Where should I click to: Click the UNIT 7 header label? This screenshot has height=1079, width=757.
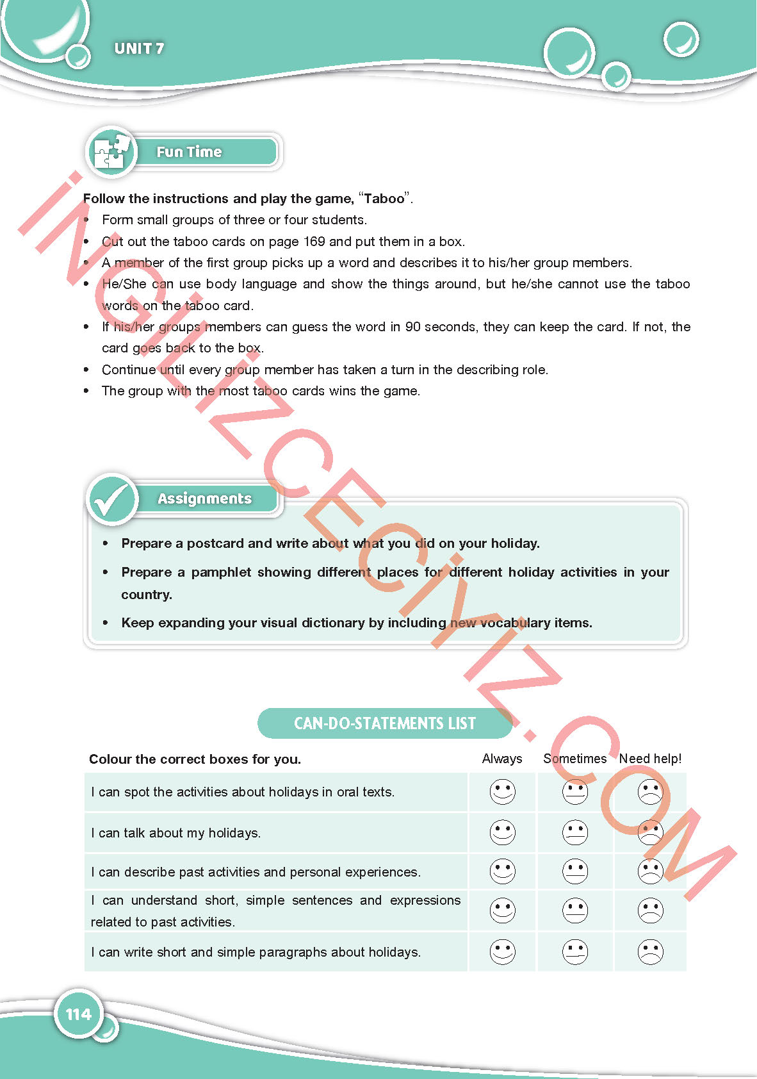[139, 49]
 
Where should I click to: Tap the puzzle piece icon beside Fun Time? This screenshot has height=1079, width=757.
[111, 152]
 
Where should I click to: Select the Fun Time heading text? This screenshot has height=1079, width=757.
[189, 152]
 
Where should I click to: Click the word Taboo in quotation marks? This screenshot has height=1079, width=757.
[384, 199]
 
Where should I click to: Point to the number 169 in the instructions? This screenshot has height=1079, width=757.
[314, 242]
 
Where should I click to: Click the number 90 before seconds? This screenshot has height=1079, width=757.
[413, 327]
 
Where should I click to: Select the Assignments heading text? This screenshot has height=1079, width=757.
[204, 498]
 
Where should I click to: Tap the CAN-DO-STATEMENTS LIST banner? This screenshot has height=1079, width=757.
[385, 723]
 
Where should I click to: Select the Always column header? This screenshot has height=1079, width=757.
[502, 759]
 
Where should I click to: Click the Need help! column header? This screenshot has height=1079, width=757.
[650, 759]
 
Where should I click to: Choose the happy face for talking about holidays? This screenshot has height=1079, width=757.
[503, 832]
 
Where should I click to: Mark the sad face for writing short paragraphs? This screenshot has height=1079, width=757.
[650, 951]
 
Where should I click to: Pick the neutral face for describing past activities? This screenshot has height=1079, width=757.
[575, 871]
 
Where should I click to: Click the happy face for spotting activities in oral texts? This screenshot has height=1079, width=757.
[503, 792]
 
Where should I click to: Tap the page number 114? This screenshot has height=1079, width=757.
[79, 1014]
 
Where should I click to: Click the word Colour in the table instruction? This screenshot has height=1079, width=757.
[110, 759]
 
